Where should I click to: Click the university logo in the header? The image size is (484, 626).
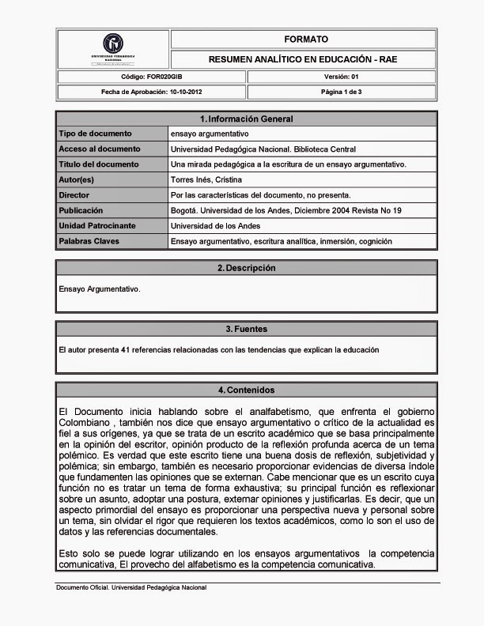pyautogui.click(x=113, y=45)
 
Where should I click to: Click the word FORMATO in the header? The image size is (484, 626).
pyautogui.click(x=305, y=40)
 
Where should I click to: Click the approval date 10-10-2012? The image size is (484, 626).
pyautogui.click(x=186, y=92)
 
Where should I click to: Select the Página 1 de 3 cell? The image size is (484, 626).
pyautogui.click(x=341, y=92)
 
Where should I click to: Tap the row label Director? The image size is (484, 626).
pyautogui.click(x=74, y=195)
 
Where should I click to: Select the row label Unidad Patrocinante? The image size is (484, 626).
pyautogui.click(x=97, y=226)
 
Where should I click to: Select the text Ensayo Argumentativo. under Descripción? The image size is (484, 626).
pyautogui.click(x=100, y=289)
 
